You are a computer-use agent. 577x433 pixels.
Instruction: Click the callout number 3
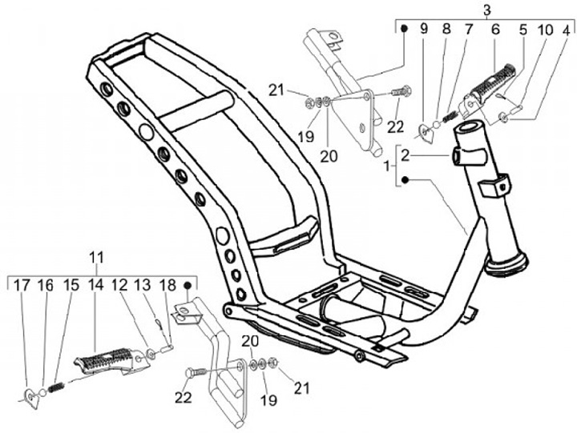click(x=486, y=9)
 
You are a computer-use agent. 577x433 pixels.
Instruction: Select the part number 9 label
click(x=424, y=30)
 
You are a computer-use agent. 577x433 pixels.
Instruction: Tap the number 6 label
click(x=494, y=30)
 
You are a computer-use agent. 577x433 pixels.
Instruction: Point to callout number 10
click(x=545, y=30)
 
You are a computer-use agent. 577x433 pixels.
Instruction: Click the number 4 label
click(x=566, y=30)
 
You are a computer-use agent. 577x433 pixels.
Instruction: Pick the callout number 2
click(x=406, y=154)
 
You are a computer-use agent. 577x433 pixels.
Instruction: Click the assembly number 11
click(x=96, y=258)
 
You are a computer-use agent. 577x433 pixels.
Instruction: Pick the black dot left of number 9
click(x=405, y=30)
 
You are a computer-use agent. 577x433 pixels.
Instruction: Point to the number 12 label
click(x=119, y=285)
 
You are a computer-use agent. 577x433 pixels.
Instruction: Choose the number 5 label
click(x=523, y=30)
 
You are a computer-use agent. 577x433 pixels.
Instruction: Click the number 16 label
click(x=46, y=285)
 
